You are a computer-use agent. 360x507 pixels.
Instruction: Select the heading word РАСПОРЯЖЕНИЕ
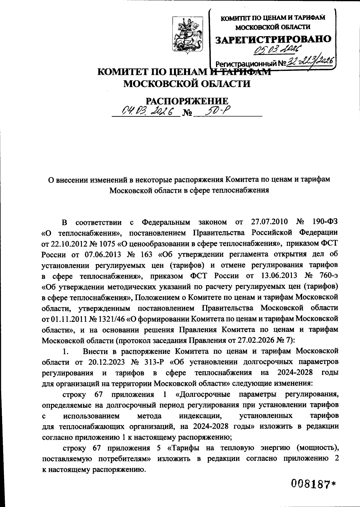pyautogui.click(x=187, y=101)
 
